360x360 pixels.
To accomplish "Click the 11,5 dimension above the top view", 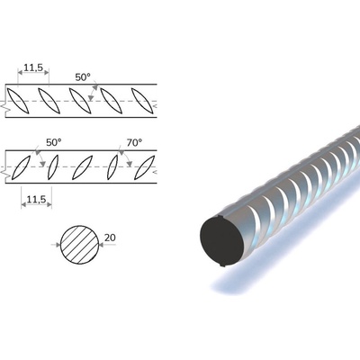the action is click(33, 67).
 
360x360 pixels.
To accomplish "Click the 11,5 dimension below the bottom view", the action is click(37, 199).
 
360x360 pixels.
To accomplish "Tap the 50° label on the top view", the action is click(83, 77).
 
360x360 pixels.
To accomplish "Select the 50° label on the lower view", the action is click(54, 142).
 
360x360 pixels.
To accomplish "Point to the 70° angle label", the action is click(134, 142).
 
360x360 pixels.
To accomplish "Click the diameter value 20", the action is click(110, 238).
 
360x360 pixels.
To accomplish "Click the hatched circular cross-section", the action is click(80, 245).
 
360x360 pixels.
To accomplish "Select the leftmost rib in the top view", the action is click(18, 101).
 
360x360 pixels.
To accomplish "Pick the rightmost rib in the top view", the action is click(142, 101).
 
